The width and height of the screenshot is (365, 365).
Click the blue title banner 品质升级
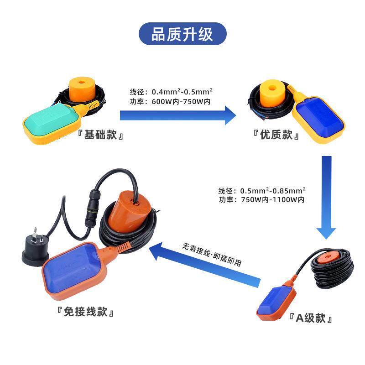point(182,34)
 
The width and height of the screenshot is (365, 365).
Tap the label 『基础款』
point(101,136)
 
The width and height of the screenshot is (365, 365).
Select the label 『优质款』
point(276,136)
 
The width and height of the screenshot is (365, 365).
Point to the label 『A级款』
point(310,318)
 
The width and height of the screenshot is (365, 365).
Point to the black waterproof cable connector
point(90,211)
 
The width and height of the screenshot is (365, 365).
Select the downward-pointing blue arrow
point(326,196)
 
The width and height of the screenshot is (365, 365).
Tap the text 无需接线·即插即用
point(212,255)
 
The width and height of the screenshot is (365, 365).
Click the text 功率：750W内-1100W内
point(261,200)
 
